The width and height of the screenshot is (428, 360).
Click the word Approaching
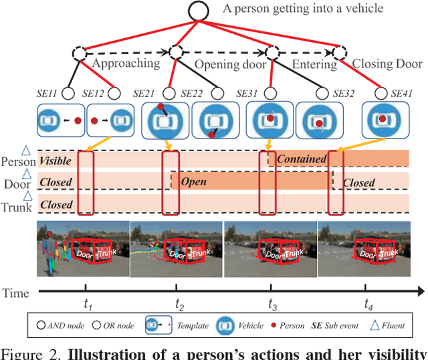126,64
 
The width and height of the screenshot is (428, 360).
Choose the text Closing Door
387,64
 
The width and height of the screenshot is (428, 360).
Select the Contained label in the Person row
301,159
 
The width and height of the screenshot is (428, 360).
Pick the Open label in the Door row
193,181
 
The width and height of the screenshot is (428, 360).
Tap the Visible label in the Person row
56,161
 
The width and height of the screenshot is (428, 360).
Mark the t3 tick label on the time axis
272,304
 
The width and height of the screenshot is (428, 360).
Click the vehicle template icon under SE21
161,121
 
